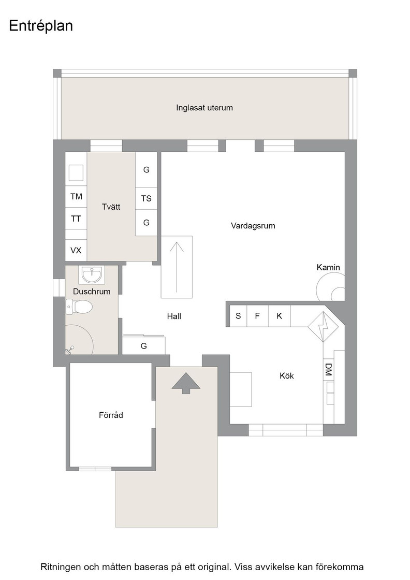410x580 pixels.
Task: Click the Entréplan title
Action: pos(41,26)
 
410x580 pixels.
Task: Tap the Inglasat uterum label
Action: pos(204,108)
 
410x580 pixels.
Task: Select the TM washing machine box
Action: pos(77,196)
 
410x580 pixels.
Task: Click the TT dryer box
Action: pos(77,219)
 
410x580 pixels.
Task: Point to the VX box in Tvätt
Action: pos(76,251)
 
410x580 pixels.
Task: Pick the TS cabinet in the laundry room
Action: pos(147,199)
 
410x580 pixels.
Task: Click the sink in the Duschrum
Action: pos(91,275)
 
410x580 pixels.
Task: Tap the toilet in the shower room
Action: pos(79,307)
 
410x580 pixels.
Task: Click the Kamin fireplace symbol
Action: pos(331,287)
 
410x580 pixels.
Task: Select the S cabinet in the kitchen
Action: pos(239,316)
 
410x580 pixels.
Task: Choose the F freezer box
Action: pos(258,316)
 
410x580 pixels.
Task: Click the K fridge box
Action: pos(280,316)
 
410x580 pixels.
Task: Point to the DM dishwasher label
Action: pos(328,370)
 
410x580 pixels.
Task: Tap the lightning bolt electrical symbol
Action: pos(324,327)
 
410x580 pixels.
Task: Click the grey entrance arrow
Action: pos(186,383)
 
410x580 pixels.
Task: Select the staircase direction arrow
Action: pos(177,267)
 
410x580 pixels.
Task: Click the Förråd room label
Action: pos(111,415)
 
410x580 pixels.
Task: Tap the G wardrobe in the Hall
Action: pos(144,346)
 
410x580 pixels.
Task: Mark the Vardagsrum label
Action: pos(253,226)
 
